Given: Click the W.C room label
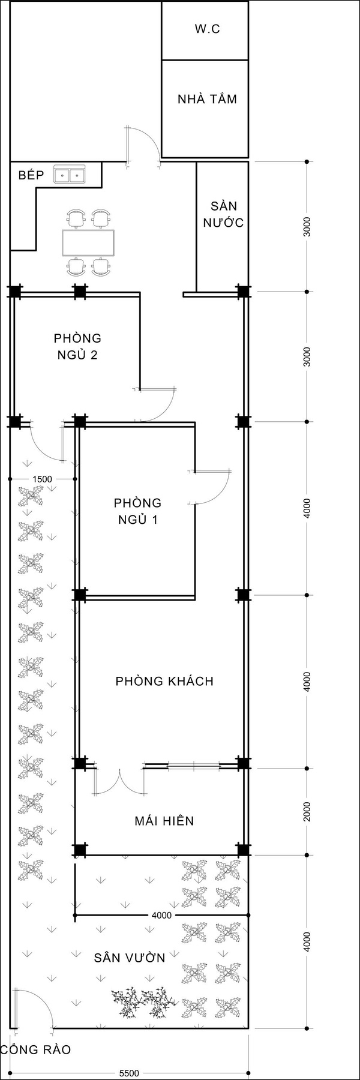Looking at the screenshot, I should [x=207, y=29].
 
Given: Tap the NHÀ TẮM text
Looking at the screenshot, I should [x=207, y=99].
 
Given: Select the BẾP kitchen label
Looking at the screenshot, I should [x=31, y=175].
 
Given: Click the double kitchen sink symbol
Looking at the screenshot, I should [x=70, y=175].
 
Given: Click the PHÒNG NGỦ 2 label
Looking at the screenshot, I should [x=77, y=346].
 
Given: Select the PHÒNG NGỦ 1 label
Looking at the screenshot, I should [x=137, y=511].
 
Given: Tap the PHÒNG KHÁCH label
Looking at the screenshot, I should [x=164, y=681].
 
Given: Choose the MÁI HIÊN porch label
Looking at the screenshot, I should [x=164, y=821].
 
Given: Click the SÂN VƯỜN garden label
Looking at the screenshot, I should [x=129, y=958].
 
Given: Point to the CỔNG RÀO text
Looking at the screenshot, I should [x=36, y=1050].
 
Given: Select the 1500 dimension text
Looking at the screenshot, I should [x=42, y=479].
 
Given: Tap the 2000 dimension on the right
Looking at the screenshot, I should [x=307, y=811].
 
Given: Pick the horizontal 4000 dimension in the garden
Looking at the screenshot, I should [x=161, y=916].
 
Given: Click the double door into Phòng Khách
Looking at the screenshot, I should [x=120, y=781].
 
